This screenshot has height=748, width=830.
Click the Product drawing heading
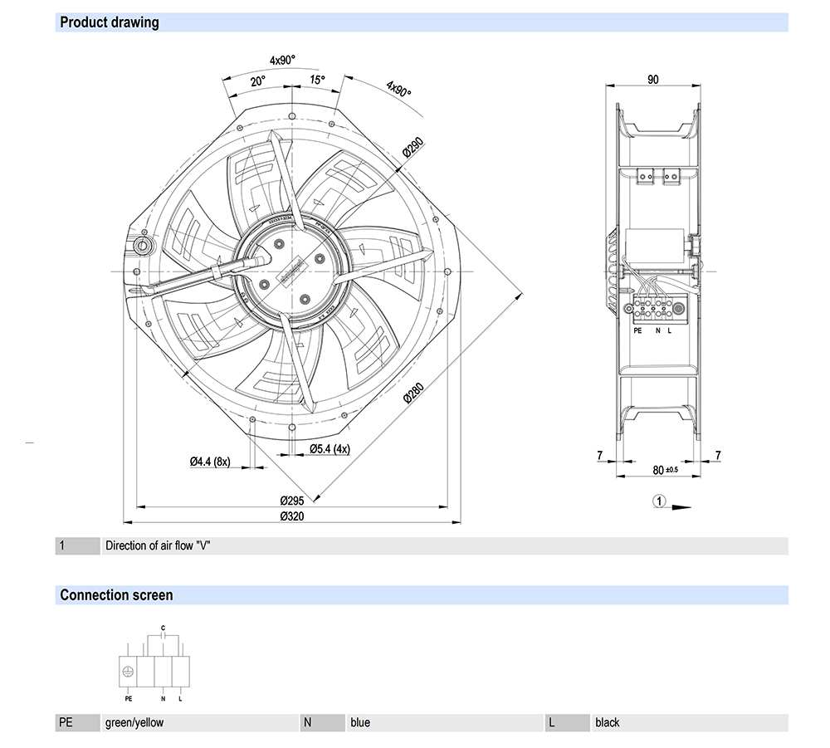click(x=109, y=22)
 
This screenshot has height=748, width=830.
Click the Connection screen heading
click(x=116, y=595)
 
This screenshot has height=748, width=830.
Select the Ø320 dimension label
click(x=292, y=516)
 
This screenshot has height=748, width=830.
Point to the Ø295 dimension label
click(x=292, y=500)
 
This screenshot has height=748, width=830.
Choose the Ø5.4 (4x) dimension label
click(x=330, y=449)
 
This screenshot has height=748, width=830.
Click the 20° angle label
click(x=257, y=81)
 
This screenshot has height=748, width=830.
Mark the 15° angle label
click(x=317, y=80)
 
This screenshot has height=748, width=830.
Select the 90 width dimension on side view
click(x=652, y=80)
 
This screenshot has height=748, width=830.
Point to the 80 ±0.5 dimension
click(x=664, y=470)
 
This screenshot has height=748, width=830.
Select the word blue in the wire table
click(x=360, y=723)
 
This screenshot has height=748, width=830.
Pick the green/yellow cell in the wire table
click(x=134, y=723)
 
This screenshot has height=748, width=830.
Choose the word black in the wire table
click(x=607, y=723)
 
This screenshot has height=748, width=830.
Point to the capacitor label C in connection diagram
click(x=164, y=627)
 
